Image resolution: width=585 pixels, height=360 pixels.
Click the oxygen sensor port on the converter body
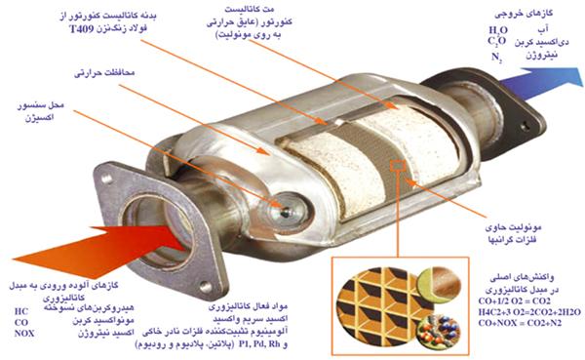[x=290, y=206]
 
